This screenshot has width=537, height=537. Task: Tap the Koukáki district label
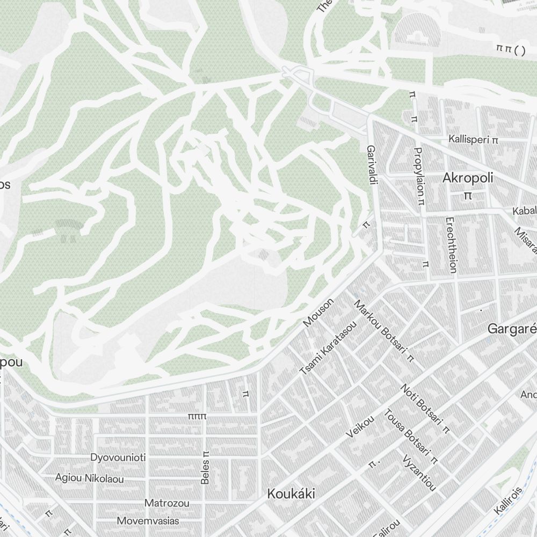click(x=291, y=494)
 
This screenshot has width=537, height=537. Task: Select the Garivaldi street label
click(x=371, y=165)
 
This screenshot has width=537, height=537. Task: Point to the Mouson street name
click(x=318, y=313)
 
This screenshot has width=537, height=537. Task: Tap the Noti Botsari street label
click(x=423, y=407)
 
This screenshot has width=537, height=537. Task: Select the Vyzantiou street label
click(x=419, y=473)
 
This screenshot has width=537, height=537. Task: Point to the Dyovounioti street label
click(x=118, y=458)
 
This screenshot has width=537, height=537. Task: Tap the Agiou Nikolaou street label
click(x=90, y=478)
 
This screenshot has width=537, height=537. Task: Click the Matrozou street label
click(x=167, y=503)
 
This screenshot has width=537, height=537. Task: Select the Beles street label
click(x=205, y=467)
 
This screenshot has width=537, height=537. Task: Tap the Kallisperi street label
click(x=474, y=140)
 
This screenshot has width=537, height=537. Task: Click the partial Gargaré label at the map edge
click(x=512, y=328)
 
